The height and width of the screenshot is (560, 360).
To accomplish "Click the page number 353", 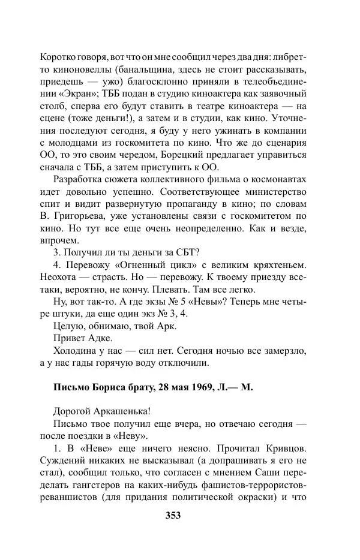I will (173, 515).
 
